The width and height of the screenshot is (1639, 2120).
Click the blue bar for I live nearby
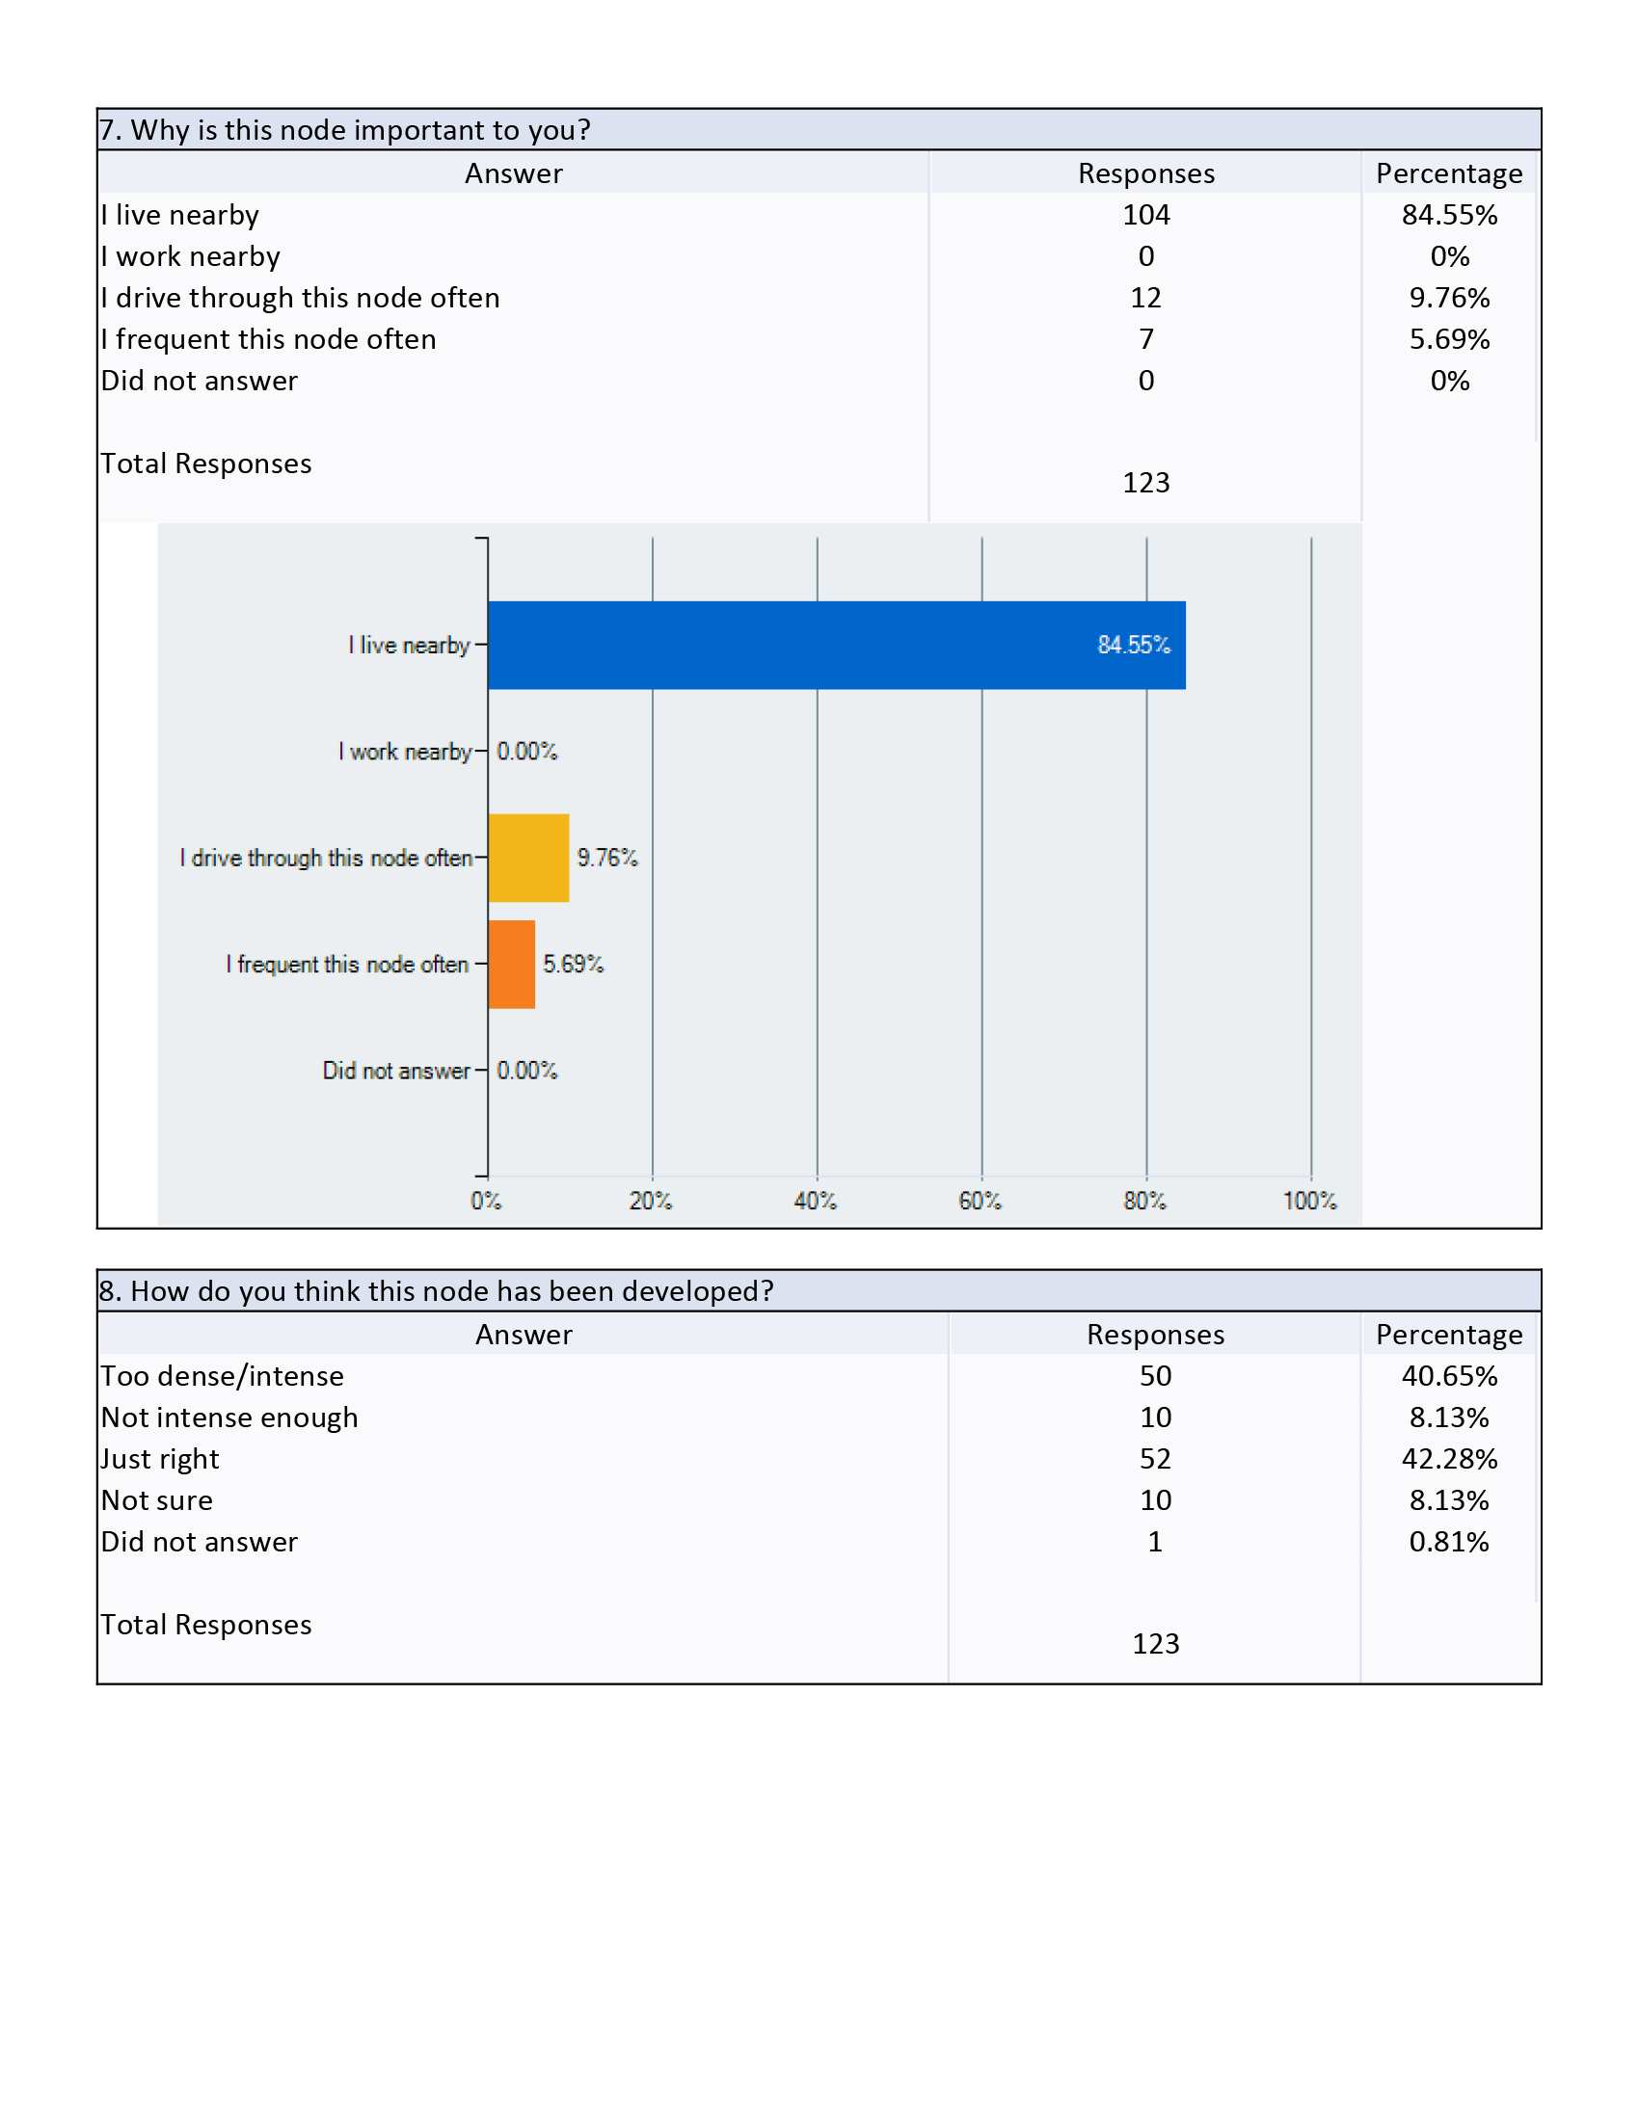(836, 645)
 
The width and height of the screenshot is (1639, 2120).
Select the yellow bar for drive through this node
(528, 858)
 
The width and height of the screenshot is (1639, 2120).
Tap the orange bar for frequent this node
(512, 964)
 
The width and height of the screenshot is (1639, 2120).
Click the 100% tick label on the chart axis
(1310, 1201)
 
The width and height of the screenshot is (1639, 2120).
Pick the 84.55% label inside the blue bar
(1134, 645)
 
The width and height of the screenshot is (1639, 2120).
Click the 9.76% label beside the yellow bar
(607, 857)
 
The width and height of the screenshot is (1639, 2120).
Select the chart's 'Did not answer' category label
(396, 1071)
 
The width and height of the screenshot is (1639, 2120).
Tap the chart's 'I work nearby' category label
(405, 752)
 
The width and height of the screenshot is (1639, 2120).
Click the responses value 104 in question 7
(1145, 215)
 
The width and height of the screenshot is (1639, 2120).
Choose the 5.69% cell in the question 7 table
(1450, 339)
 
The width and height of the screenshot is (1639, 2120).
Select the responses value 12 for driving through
(1145, 297)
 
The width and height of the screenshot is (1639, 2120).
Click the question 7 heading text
(345, 129)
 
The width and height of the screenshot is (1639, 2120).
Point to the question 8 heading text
(436, 1290)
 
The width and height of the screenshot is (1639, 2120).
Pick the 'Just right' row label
(160, 1458)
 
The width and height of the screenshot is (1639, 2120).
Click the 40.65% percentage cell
(1450, 1375)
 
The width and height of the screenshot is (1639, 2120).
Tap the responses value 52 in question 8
(1155, 1458)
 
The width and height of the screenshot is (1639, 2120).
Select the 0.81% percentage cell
(1450, 1542)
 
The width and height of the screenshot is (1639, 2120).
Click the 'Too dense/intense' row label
(223, 1375)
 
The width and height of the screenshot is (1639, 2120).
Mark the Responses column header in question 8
(1155, 1335)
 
